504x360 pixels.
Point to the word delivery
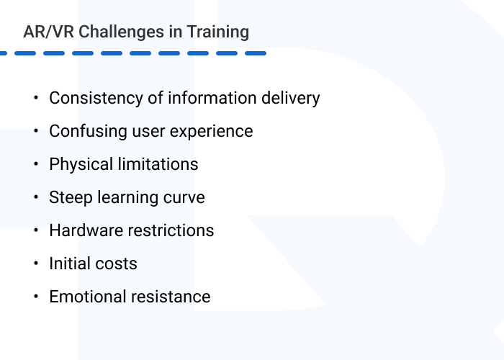coord(292,98)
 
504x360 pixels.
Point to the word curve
coord(185,197)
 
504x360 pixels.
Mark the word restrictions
coord(171,230)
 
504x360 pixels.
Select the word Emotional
coord(85,297)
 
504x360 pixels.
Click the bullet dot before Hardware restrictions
coord(35,230)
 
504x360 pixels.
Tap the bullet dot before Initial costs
coord(35,264)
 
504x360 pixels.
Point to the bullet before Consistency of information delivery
coord(35,98)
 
